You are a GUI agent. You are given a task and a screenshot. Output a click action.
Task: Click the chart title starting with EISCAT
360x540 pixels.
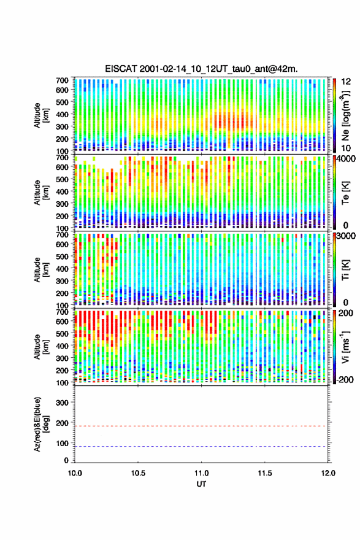[201, 69]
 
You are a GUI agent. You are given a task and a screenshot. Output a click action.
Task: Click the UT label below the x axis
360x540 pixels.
[201, 484]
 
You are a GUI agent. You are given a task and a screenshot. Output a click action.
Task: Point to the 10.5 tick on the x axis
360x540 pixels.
[138, 473]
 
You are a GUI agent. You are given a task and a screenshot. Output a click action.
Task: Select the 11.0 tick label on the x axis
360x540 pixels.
[201, 473]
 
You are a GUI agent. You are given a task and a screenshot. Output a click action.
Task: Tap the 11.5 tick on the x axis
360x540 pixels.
[265, 473]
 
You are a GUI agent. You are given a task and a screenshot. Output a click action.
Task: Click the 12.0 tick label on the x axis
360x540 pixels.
[328, 473]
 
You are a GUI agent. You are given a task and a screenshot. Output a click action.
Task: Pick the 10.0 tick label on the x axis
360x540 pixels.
[75, 473]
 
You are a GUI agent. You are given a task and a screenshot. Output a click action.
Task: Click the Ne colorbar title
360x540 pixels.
[345, 115]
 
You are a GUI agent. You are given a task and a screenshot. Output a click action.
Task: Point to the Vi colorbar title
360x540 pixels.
[345, 347]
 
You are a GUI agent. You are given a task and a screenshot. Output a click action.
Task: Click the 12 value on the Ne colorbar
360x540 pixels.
[346, 82]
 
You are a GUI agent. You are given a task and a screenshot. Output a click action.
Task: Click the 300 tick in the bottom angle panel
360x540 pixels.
[63, 403]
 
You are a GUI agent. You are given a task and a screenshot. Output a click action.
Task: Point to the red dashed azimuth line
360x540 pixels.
[200, 426]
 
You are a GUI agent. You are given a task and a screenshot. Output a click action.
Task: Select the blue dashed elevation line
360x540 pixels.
[200, 446]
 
